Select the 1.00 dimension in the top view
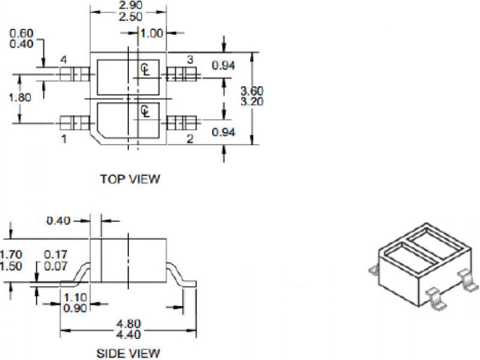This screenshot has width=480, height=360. click(151, 34)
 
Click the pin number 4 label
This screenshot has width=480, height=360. click(63, 60)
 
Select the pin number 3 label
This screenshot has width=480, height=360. click(190, 59)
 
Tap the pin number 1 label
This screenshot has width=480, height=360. click(63, 139)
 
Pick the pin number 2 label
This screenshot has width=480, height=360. click(190, 139)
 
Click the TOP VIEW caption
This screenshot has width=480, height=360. click(130, 179)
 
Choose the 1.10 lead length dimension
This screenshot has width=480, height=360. click(74, 298)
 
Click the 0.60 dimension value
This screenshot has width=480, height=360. click(22, 33)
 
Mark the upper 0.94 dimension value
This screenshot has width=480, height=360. click(223, 66)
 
